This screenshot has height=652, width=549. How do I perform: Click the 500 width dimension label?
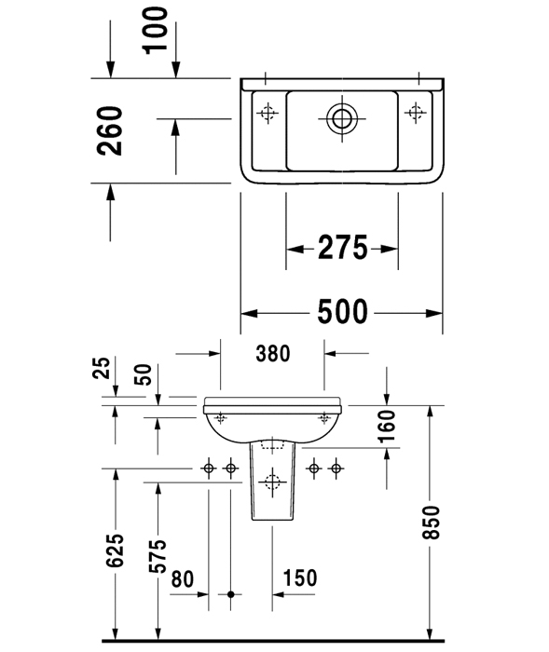point(343,311)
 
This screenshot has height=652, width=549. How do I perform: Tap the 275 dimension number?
point(343,248)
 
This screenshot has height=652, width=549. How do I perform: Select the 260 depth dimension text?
point(110,131)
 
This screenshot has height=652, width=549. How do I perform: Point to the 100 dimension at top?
point(156,31)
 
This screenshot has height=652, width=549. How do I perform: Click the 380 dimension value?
point(272,354)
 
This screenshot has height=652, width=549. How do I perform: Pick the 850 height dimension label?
point(431,523)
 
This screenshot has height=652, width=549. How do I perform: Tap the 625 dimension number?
point(115,550)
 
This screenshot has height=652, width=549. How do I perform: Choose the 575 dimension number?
point(158,556)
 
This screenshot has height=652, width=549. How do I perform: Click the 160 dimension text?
point(387,427)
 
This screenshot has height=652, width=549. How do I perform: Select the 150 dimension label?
point(300,578)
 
